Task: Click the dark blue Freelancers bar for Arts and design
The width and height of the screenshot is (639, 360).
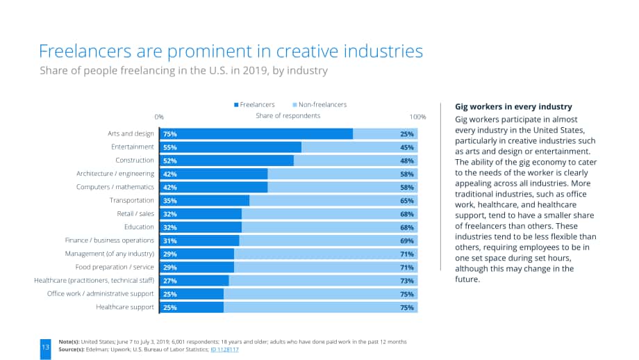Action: click(256, 133)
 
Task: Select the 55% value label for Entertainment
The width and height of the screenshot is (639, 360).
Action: click(170, 147)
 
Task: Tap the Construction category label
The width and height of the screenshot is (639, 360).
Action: click(135, 161)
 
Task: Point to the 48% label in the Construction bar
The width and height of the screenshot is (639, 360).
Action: click(407, 161)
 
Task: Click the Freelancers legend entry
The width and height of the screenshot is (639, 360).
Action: click(254, 105)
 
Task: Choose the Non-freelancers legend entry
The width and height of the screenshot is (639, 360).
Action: click(319, 105)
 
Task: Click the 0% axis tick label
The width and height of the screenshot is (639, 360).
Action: click(159, 117)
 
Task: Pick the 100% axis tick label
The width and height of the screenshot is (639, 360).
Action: click(417, 117)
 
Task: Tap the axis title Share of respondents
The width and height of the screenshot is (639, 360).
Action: click(288, 116)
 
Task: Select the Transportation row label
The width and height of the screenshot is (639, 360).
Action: click(132, 200)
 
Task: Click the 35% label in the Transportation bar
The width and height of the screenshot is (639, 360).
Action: click(170, 201)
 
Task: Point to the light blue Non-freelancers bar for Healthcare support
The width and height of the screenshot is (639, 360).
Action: click(320, 307)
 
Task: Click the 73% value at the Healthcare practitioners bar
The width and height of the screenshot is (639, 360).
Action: click(407, 281)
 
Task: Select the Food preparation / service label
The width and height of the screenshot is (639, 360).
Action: click(115, 267)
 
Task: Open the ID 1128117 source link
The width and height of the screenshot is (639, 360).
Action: click(224, 350)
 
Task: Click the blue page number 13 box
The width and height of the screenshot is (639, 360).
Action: click(46, 349)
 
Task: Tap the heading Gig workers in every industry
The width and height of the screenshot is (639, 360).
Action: click(513, 107)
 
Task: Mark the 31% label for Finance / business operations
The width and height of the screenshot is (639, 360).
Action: click(170, 241)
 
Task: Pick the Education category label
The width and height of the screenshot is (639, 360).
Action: click(139, 227)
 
